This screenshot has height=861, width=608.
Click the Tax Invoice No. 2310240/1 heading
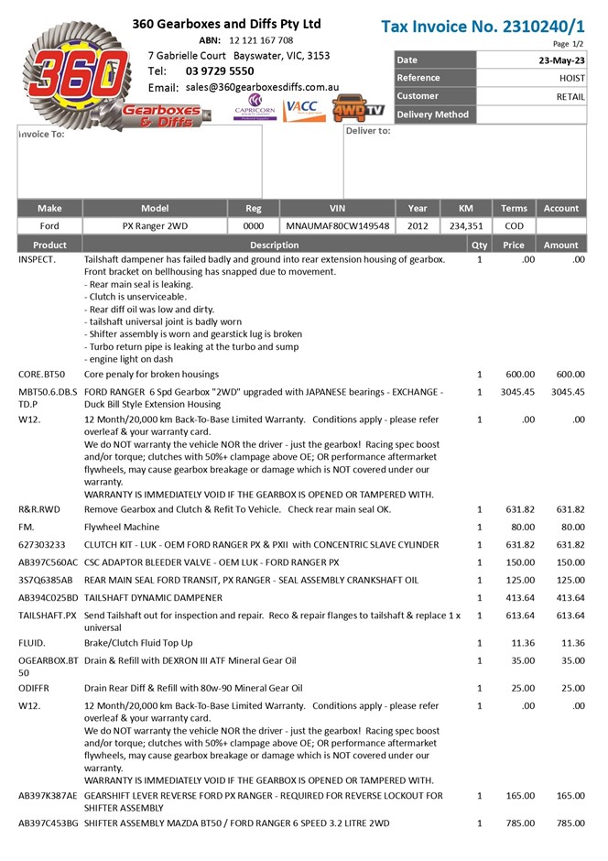[x=483, y=26]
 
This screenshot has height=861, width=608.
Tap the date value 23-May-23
[x=562, y=60]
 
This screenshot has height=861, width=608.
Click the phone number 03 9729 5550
[x=220, y=71]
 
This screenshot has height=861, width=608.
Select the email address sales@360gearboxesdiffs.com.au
[x=262, y=87]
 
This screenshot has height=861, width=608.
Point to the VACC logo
[x=302, y=107]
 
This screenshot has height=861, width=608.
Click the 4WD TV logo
[x=358, y=108]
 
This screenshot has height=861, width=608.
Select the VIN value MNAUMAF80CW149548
[x=338, y=225]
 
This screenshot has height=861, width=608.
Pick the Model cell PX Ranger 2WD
[x=155, y=225]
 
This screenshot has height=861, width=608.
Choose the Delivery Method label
[x=432, y=114]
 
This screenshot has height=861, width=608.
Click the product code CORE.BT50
[x=41, y=375]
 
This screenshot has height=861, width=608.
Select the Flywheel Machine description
[x=122, y=527]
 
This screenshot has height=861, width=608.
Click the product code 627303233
[x=42, y=545]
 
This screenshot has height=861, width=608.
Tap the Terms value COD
[x=515, y=225]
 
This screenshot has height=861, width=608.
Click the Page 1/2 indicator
[x=569, y=44]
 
